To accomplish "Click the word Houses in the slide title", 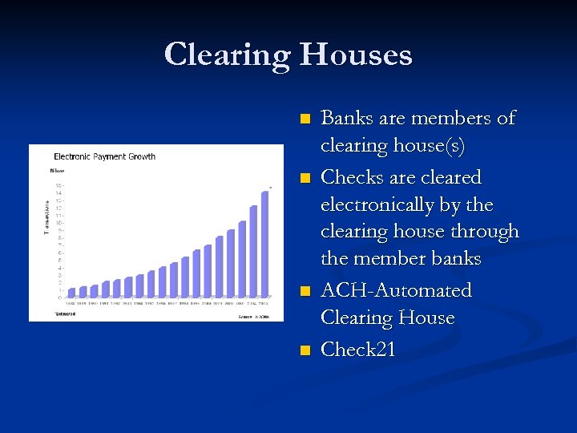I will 356,55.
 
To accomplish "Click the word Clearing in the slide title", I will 228,55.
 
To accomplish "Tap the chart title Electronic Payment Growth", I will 104,156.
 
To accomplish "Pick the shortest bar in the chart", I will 71,293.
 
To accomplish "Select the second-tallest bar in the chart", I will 253,251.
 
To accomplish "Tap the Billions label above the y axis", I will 57,170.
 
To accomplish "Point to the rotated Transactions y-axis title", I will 46,217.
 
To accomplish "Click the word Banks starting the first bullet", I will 346,119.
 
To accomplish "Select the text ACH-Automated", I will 396,290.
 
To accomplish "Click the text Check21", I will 357,350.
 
